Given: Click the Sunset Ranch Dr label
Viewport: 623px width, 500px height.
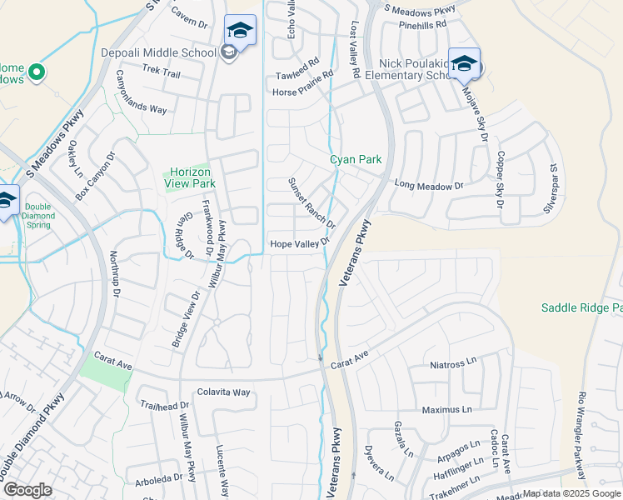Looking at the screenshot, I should click(x=311, y=203).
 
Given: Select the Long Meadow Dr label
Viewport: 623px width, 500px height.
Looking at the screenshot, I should click(x=428, y=186).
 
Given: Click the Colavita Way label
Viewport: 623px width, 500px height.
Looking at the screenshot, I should click(x=223, y=392).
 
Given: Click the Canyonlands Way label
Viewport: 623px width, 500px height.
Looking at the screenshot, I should click(x=141, y=97).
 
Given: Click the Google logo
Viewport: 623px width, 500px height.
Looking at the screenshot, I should click(x=27, y=490).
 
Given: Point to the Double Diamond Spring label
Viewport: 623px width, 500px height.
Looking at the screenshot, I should click(x=38, y=216).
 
